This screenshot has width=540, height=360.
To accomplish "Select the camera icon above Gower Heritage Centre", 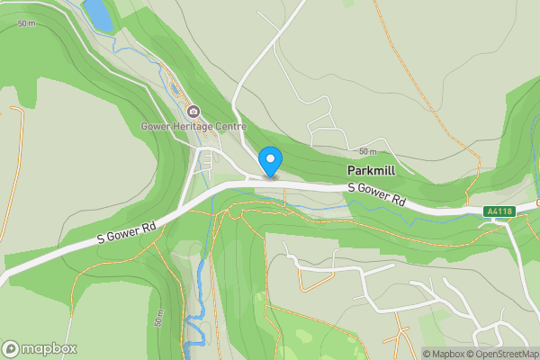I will (193, 112).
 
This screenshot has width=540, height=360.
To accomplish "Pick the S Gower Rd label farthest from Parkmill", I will (127, 231).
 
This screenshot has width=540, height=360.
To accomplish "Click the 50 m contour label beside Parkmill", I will (367, 151).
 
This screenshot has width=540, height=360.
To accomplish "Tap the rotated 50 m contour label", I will (158, 317).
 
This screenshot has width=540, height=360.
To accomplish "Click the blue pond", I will (97, 13).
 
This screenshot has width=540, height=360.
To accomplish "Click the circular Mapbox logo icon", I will (11, 348).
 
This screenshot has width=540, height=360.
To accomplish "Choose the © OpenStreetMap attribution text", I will (500, 354).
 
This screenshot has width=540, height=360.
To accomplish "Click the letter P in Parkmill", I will (350, 170).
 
